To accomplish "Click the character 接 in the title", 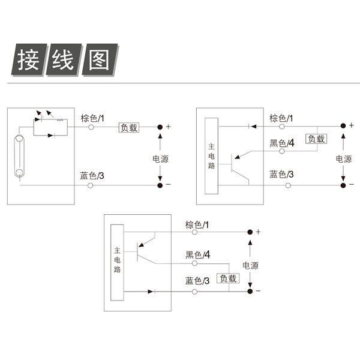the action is point(28,59).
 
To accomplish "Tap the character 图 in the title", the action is point(99,59).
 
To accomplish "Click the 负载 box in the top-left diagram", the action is point(129,128).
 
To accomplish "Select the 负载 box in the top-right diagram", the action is point(316,139).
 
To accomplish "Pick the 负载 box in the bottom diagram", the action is point(228,278).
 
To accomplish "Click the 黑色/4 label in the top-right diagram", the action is point(282,143).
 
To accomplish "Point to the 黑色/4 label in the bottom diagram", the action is point(197,254).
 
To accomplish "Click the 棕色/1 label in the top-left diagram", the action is point(92,118).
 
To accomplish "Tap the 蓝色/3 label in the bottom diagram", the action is point(197,281).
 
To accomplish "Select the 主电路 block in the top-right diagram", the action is point(211,156).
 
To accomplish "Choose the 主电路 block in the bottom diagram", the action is point(118,262).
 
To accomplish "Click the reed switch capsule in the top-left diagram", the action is point(19,156).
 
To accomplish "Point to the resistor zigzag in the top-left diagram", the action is point(60,119).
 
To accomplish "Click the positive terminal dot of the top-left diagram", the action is point(160,127).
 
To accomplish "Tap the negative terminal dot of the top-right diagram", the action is point(343,185).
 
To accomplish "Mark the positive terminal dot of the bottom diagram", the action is point(250,232).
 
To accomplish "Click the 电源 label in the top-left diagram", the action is point(160,159).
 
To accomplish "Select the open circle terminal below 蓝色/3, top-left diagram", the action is point(91,185).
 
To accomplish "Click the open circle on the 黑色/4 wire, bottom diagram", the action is point(194,263).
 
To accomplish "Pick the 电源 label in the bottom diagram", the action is point(250,266).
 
